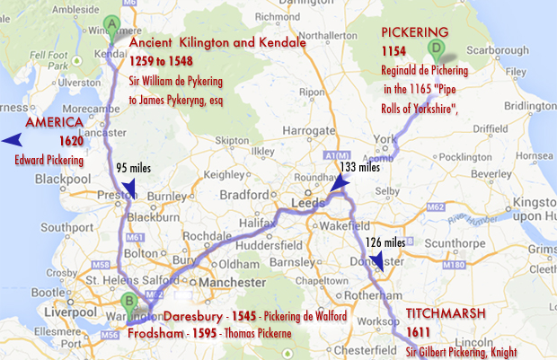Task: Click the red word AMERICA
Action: click(55, 123)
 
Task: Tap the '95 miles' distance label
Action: click(134, 168)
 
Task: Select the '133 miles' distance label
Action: click(361, 168)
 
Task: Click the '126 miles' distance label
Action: click(385, 241)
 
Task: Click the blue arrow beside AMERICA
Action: click(12, 140)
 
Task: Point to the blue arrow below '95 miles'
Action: click(128, 188)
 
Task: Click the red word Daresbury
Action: click(197, 317)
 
